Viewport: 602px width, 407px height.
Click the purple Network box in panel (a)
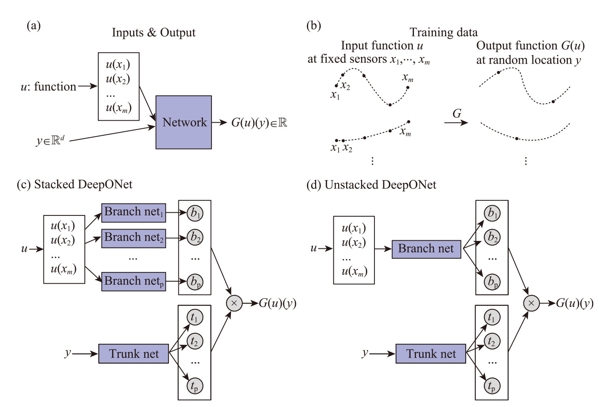tap(183, 122)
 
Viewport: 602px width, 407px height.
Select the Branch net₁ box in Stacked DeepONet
tap(134, 213)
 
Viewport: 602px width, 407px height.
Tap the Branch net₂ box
tap(134, 238)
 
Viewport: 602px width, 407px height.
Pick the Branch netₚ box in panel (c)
tap(134, 281)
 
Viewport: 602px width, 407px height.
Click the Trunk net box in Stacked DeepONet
tap(134, 354)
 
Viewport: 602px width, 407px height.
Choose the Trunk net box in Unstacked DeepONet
tap(430, 354)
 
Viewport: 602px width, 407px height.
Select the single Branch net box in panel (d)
tap(426, 249)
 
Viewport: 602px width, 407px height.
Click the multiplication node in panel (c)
tap(234, 304)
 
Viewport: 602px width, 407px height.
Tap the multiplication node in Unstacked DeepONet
tap(531, 304)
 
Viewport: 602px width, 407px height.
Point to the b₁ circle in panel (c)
tap(195, 213)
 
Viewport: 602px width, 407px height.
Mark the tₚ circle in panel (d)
tap(491, 386)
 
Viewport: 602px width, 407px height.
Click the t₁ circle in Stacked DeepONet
tap(195, 317)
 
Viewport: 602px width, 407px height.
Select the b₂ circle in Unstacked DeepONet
tap(491, 238)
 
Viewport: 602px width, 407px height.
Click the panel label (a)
tap(34, 26)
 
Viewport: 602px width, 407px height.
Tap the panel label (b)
tap(313, 26)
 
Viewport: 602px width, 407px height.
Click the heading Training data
tap(443, 32)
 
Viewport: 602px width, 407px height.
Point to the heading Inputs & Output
tap(153, 33)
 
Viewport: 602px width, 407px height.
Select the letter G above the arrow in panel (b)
tap(457, 113)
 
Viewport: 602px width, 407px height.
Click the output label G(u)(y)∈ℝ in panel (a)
tap(259, 123)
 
